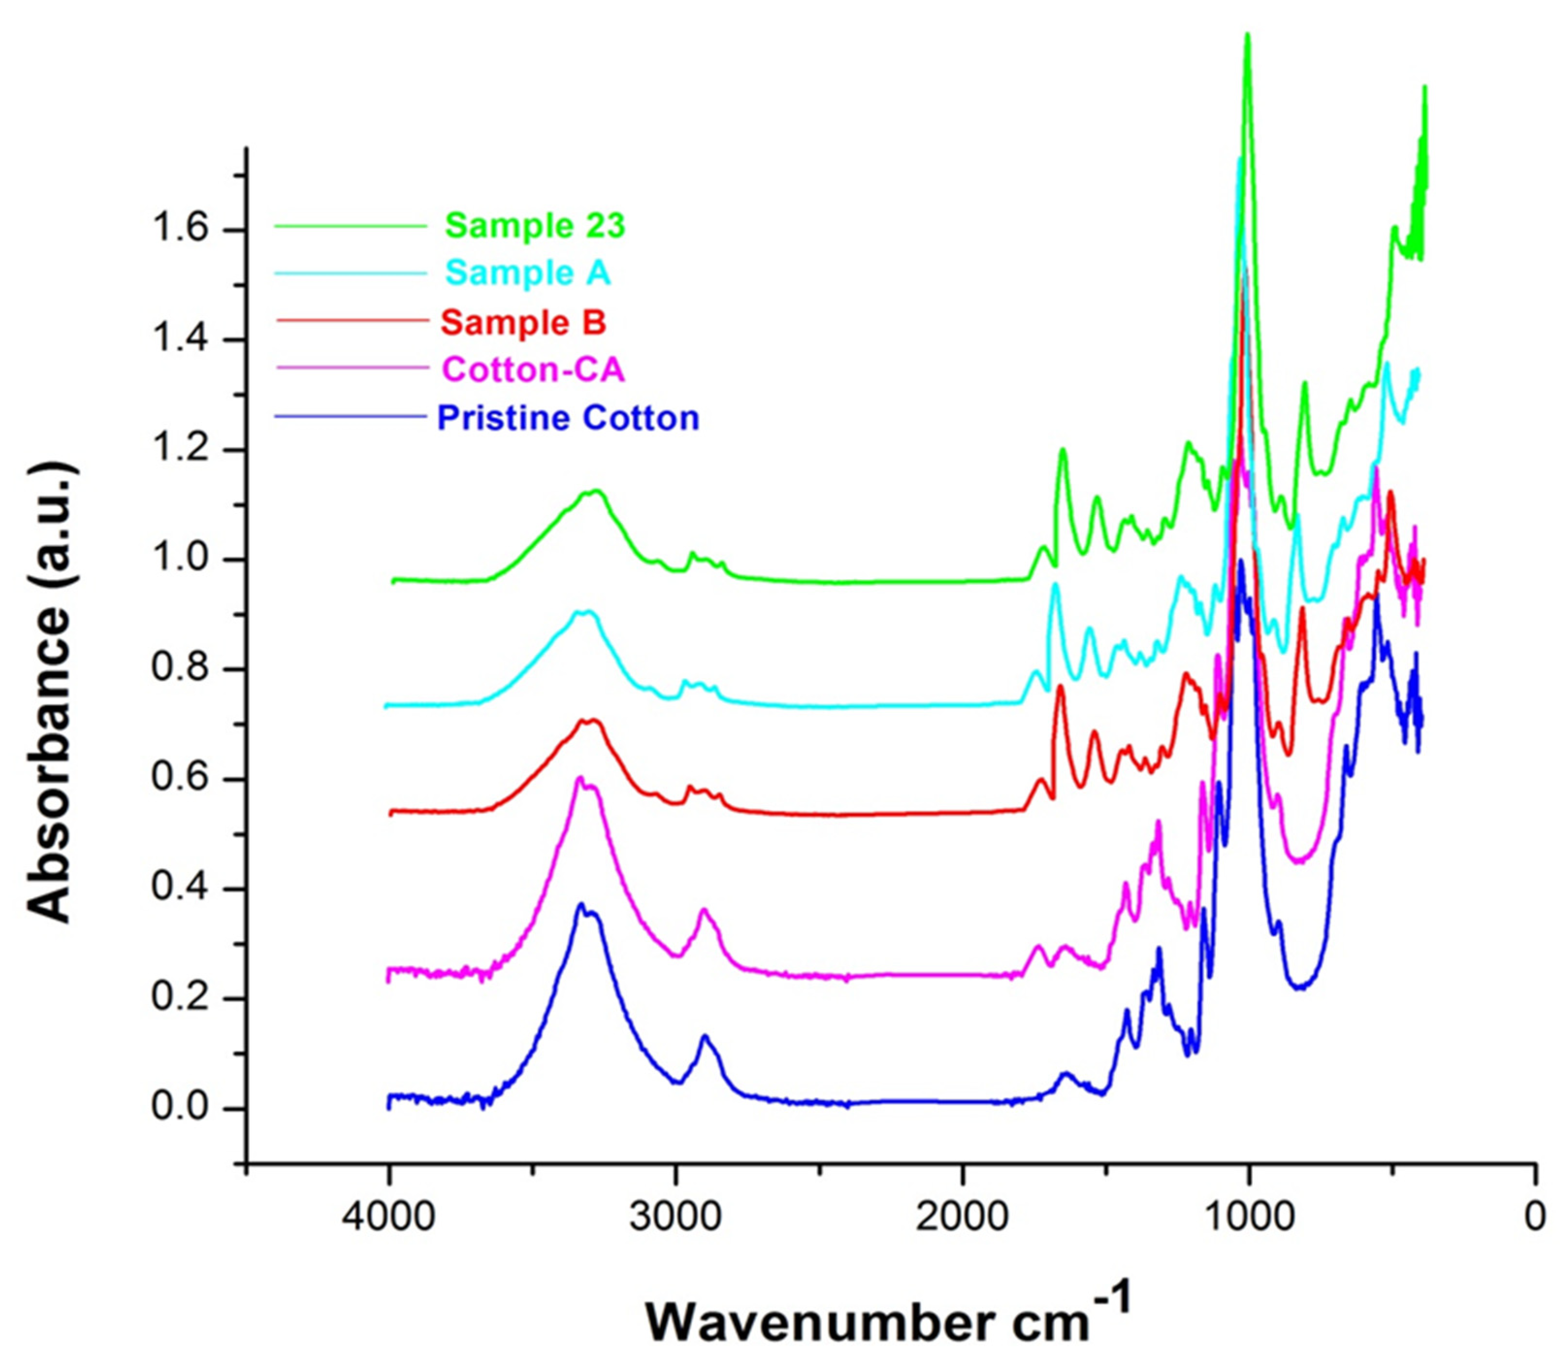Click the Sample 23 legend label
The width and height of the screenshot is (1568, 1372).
tap(535, 226)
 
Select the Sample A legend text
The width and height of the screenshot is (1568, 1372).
tap(528, 274)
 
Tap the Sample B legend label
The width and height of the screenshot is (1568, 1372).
tap(523, 323)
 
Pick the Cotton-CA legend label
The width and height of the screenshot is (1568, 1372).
tap(533, 370)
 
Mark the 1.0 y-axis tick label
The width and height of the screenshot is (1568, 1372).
tap(181, 560)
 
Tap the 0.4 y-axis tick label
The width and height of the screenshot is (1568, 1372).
tap(181, 889)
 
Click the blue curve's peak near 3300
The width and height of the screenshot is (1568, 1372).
tap(581, 905)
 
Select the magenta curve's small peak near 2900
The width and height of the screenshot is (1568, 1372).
tap(704, 909)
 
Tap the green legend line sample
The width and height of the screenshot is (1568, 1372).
tap(350, 226)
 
